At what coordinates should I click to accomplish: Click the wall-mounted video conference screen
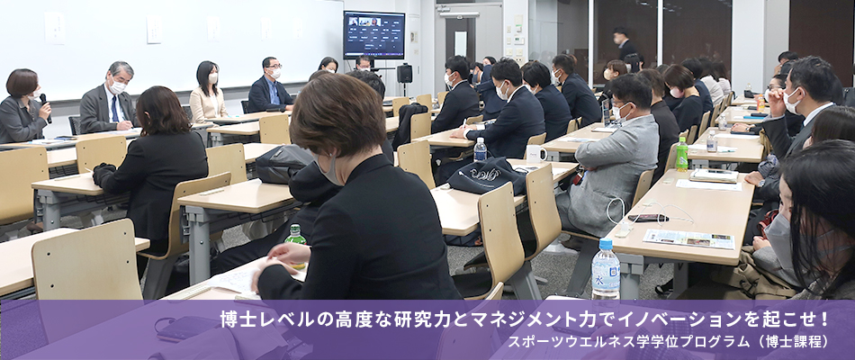[x=374, y=34]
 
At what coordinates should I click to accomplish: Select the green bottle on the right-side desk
[x=681, y=154]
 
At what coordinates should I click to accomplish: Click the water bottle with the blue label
[x=606, y=269]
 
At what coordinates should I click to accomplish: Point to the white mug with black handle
[x=535, y=153]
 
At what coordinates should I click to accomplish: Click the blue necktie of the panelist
[x=115, y=109]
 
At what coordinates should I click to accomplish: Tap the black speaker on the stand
[x=404, y=73]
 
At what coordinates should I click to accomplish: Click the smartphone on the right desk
[x=648, y=218]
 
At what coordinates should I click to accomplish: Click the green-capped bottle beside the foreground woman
[x=295, y=238]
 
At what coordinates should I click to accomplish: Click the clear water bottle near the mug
[x=480, y=149]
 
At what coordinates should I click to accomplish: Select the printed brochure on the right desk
[x=688, y=238]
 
